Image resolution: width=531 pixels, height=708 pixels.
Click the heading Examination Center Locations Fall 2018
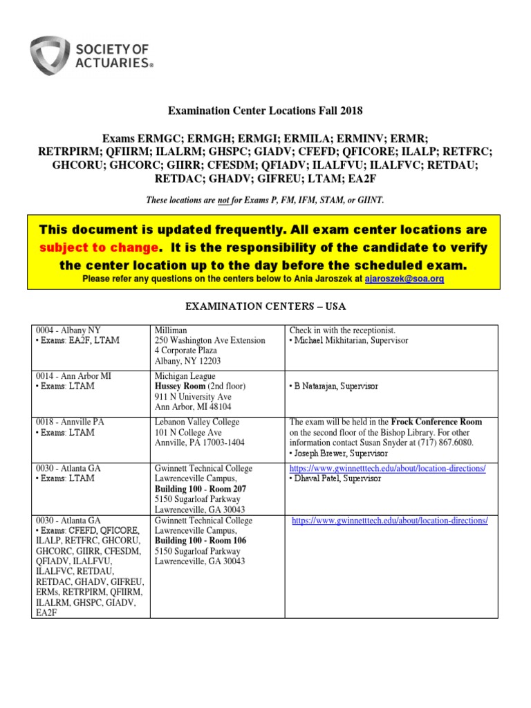click(266, 111)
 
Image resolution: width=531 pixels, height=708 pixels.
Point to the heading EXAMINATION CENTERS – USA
click(265, 306)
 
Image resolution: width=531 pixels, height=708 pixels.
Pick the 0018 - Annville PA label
click(71, 422)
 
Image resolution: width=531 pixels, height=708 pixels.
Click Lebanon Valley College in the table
click(197, 422)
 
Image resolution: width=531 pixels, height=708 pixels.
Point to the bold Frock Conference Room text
click(437, 422)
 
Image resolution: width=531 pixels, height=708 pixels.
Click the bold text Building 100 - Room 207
click(201, 489)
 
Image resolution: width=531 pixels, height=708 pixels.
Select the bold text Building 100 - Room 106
click(201, 541)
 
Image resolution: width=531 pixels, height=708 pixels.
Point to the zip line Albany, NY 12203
click(187, 361)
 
